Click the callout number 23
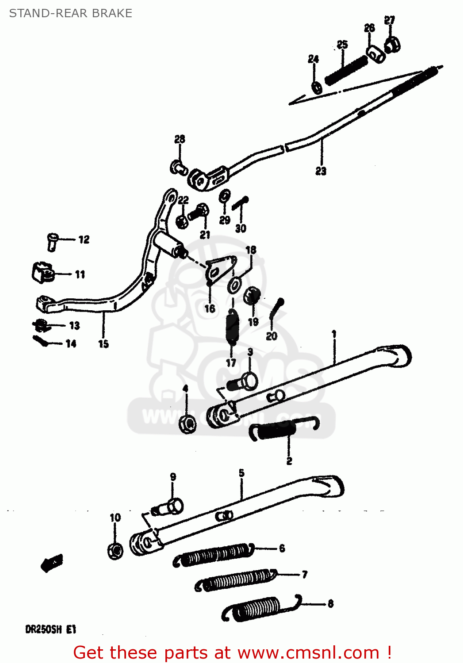click(x=321, y=171)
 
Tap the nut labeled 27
click(x=392, y=44)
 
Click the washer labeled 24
click(x=317, y=87)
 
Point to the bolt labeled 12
click(x=52, y=241)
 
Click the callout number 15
click(x=103, y=344)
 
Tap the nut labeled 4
click(x=187, y=424)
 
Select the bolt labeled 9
click(x=171, y=507)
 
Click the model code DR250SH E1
click(x=50, y=629)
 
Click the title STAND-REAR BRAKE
click(x=71, y=13)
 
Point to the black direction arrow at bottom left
click(x=52, y=562)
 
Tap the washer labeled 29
click(x=225, y=196)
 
